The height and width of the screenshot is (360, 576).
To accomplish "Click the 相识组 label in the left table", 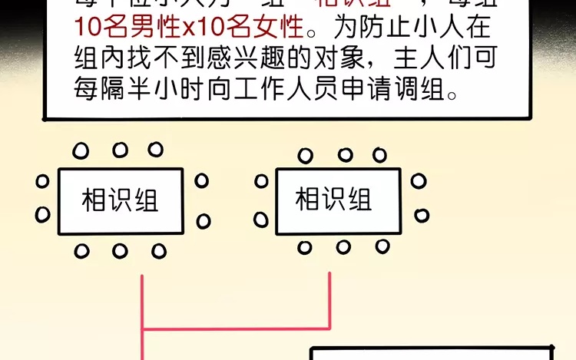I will [x=120, y=201].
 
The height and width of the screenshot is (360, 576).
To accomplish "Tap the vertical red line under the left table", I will [x=144, y=303].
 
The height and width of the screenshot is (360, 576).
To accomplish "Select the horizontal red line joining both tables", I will [x=237, y=330].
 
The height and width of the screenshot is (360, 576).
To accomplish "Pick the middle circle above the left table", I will [x=120, y=150].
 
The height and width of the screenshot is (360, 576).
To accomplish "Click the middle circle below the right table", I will [x=343, y=247].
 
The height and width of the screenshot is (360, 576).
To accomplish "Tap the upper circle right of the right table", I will [x=419, y=181].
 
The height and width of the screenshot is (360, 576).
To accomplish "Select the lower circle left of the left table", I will [x=43, y=214].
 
